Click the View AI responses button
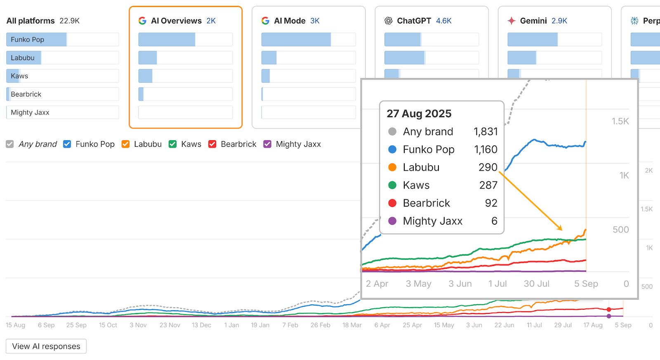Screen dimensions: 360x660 [x=46, y=346]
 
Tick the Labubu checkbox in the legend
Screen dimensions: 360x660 [x=125, y=144]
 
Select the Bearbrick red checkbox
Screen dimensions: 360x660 [x=212, y=144]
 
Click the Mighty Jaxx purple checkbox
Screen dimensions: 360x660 [x=267, y=144]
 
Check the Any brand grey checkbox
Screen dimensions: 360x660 [x=10, y=144]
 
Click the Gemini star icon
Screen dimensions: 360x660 [x=511, y=21]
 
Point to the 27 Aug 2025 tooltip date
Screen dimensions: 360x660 [x=419, y=113]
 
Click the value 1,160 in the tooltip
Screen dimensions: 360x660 [x=486, y=149]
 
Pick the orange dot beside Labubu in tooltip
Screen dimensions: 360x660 [x=392, y=167]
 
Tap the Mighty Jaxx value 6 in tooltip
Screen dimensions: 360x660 [x=494, y=221]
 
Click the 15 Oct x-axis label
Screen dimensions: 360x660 [x=108, y=325]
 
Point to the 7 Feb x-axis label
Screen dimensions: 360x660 [x=290, y=325]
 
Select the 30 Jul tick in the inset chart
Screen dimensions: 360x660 [x=536, y=284]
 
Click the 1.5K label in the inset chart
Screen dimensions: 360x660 [x=620, y=121]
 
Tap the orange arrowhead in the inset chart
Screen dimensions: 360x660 [x=560, y=228]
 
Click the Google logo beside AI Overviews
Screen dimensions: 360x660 [x=142, y=21]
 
